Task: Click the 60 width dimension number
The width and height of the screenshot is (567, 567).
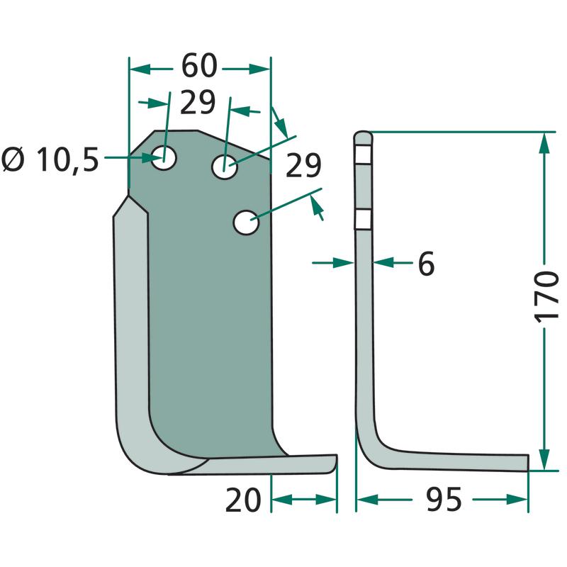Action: coord(199,66)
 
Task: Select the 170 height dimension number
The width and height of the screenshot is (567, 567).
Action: coord(546,296)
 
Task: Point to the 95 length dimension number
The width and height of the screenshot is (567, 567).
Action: coord(444,499)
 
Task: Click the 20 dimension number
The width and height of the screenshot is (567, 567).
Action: coord(242,500)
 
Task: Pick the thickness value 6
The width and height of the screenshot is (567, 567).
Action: coord(426,263)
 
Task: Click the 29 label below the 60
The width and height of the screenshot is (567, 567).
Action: coord(198,102)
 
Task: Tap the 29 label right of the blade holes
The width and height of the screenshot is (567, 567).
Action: coord(303,165)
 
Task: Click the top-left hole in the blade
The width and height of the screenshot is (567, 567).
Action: coord(164,158)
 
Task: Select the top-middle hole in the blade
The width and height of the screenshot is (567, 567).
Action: coord(225,167)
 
